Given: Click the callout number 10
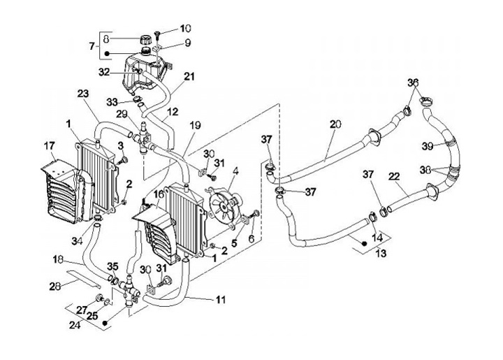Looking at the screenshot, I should pyautogui.click(x=185, y=29).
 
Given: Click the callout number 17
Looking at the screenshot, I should pyautogui.click(x=49, y=146).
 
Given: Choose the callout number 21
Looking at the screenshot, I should pyautogui.click(x=189, y=77).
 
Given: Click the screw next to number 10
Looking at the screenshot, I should pyautogui.click(x=160, y=32).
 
